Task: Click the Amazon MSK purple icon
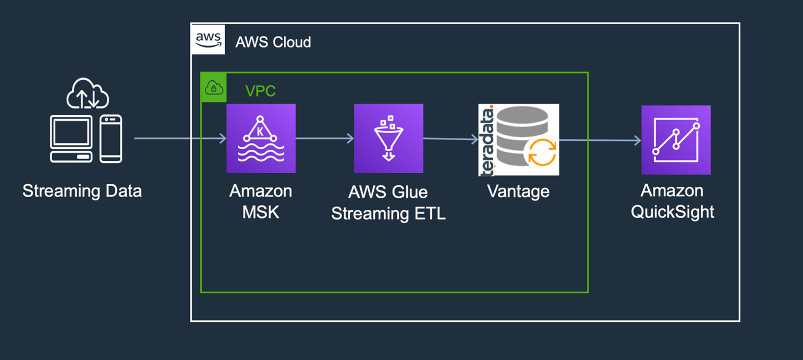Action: point(261,138)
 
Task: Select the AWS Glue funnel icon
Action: point(388,138)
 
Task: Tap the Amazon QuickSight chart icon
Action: point(676,140)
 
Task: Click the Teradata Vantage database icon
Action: point(519,139)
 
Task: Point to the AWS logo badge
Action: point(209,40)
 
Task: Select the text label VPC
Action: point(261,91)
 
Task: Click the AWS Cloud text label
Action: point(273,42)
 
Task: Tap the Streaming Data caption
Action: point(82,191)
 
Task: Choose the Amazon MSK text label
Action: point(261,201)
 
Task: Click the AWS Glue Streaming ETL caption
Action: point(388,203)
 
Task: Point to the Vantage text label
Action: point(518,191)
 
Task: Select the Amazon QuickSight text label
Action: point(672,201)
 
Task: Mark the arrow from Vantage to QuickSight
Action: point(600,140)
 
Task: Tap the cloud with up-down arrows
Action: point(88,94)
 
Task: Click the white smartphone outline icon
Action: point(111,138)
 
